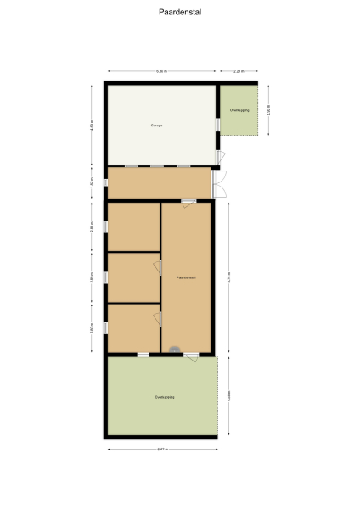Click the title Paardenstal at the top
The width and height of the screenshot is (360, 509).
click(179, 13)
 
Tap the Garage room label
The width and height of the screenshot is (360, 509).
click(157, 126)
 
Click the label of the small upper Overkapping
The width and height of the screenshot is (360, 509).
click(240, 110)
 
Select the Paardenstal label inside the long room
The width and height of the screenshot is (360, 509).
click(187, 277)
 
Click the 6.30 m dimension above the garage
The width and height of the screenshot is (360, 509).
click(161, 71)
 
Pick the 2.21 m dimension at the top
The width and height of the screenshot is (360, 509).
click(240, 71)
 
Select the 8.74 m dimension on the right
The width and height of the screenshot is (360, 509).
click(229, 277)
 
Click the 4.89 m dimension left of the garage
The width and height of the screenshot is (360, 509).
click(93, 126)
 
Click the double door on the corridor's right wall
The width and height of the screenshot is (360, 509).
click(219, 182)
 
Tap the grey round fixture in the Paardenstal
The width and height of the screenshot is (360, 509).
click(174, 349)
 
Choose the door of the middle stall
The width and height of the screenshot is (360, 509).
click(157, 267)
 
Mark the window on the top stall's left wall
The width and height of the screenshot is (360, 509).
click(105, 227)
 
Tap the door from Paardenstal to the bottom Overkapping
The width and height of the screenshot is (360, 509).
click(193, 356)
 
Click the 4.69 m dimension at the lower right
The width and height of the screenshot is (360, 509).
click(229, 397)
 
